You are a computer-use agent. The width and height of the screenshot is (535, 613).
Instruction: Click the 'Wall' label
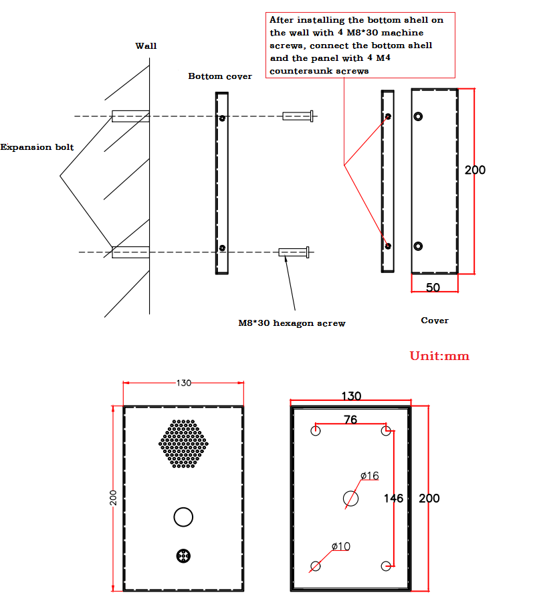[146, 46]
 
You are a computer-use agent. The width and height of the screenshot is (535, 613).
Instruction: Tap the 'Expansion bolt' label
[37, 147]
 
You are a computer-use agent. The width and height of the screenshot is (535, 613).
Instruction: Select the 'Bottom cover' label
[220, 76]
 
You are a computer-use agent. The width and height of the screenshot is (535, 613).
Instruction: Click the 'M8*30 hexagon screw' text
[292, 323]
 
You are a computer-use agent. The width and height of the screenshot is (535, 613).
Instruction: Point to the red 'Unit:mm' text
[439, 356]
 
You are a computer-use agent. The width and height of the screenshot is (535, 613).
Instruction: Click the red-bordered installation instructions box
[360, 45]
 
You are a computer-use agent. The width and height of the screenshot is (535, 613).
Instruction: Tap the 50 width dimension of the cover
[433, 287]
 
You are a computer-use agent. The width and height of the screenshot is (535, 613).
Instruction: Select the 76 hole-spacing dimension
[350, 420]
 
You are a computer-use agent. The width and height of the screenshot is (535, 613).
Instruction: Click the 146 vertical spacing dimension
[393, 498]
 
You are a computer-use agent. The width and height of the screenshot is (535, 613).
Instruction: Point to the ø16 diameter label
[369, 476]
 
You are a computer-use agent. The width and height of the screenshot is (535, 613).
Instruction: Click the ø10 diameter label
[340, 546]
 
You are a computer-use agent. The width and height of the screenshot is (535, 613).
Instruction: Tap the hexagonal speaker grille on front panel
[183, 444]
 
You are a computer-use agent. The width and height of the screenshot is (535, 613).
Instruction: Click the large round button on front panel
[183, 517]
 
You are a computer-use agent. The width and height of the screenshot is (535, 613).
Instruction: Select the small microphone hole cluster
[183, 555]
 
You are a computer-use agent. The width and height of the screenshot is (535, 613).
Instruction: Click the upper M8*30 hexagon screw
[298, 116]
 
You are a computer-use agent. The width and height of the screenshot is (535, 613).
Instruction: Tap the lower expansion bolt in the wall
[130, 252]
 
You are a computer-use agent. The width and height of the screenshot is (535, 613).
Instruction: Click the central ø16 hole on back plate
[350, 498]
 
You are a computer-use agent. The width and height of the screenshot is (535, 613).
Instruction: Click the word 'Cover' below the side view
[435, 321]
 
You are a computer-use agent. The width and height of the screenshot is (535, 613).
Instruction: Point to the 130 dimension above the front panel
[183, 383]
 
